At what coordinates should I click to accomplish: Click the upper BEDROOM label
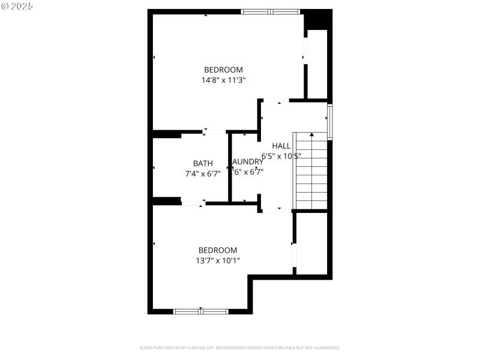point(223,70)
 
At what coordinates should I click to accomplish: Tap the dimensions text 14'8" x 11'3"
point(223,80)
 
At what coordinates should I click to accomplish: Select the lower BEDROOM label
point(218,250)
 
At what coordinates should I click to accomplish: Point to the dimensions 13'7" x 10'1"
point(218,260)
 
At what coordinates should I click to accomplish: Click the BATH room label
point(203,163)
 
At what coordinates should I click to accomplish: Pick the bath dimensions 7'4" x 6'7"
point(203,173)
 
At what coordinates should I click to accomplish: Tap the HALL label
point(281,146)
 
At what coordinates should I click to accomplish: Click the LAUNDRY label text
point(247,162)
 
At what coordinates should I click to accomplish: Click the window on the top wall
point(270,11)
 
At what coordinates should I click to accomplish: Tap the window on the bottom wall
point(200,311)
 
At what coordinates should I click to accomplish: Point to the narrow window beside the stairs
point(329,122)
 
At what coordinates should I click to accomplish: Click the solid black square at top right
point(317,20)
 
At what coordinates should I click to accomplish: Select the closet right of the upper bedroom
point(317,64)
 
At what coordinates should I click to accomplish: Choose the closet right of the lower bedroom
point(312,243)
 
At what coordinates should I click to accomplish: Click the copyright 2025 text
point(17,5)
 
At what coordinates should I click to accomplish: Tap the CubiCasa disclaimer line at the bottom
point(240,347)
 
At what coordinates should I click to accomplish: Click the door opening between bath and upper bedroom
point(214,131)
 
